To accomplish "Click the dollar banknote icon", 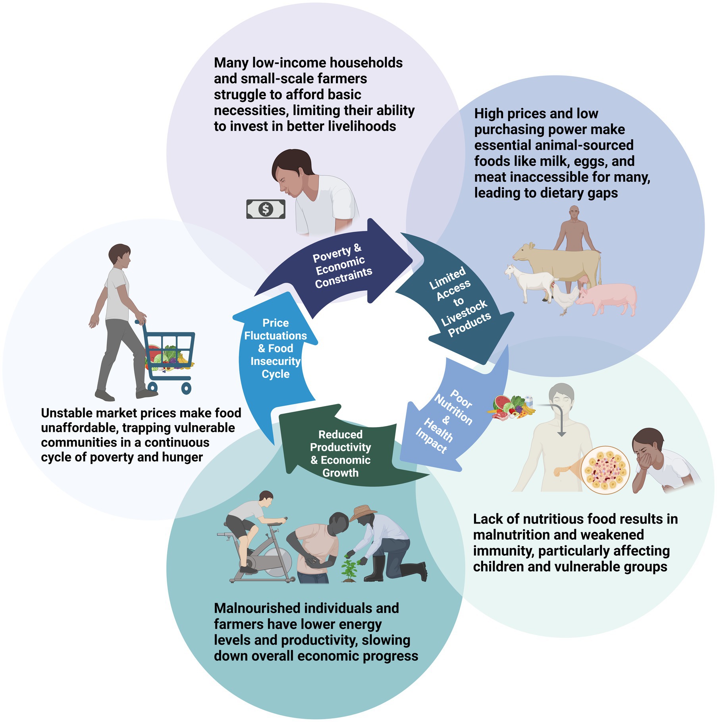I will click(x=266, y=209).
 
